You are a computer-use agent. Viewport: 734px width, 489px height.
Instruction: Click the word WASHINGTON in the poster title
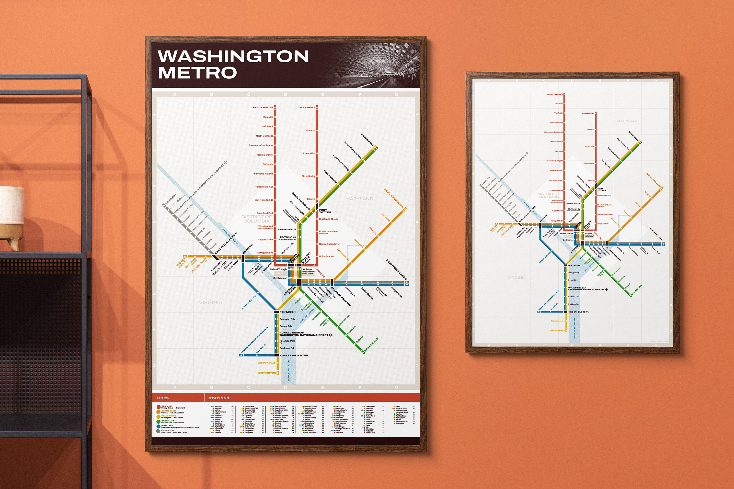click(x=233, y=56)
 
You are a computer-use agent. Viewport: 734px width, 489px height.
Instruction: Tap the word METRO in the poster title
click(x=197, y=73)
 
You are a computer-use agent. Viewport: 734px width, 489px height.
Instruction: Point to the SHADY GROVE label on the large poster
click(x=263, y=108)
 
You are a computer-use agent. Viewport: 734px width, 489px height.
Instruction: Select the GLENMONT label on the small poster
click(x=588, y=113)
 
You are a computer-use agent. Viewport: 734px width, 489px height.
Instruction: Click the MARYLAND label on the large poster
click(x=359, y=199)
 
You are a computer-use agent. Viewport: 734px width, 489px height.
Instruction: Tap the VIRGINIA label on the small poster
click(x=516, y=278)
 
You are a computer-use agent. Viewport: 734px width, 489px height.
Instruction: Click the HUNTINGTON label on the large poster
click(x=266, y=373)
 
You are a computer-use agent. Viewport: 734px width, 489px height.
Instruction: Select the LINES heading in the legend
click(x=163, y=398)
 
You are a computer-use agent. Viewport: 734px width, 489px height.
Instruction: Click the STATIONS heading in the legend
click(x=219, y=398)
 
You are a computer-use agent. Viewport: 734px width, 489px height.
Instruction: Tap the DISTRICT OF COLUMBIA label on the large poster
click(x=256, y=219)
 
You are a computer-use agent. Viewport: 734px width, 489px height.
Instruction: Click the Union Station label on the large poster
click(x=326, y=256)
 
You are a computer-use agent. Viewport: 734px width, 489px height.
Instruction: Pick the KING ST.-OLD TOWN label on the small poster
click(x=578, y=312)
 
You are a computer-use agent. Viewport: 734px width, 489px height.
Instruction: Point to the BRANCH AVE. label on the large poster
click(x=372, y=345)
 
